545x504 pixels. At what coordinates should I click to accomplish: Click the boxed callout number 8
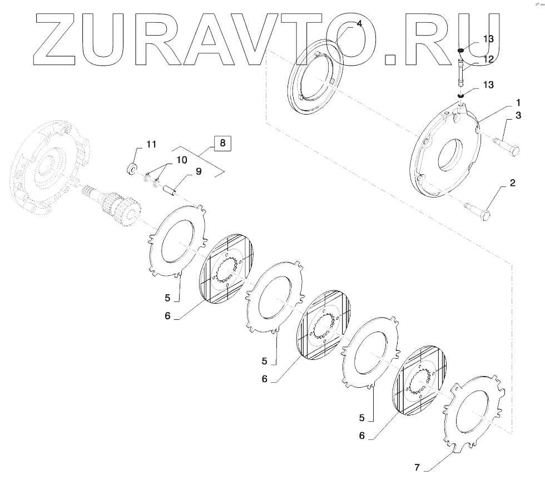pyautogui.click(x=222, y=143)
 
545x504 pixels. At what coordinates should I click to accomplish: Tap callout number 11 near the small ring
pyautogui.click(x=151, y=144)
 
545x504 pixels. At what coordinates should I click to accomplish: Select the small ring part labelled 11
pyautogui.click(x=132, y=169)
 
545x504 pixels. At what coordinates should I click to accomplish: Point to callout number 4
pyautogui.click(x=359, y=23)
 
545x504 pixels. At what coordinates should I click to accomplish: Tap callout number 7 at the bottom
pyautogui.click(x=418, y=467)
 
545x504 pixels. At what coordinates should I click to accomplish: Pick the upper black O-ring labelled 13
pyautogui.click(x=461, y=51)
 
